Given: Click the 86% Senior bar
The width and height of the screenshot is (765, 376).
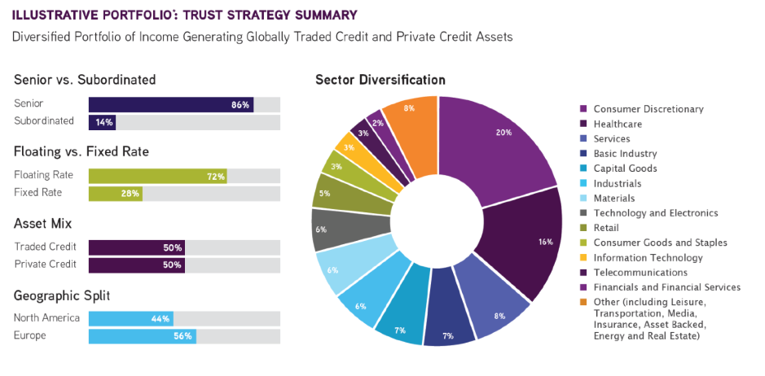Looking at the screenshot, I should pos(170,104).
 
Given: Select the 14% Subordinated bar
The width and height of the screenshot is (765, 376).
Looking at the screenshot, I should pos(102,121).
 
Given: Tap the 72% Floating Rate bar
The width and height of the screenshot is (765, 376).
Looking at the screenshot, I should pos(156,176).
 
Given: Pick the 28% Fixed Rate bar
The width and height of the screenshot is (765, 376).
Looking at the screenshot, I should pos(115,193).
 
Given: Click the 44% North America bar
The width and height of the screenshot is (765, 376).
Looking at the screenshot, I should pos(130,318).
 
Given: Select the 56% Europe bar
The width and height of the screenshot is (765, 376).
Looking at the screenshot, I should pos(142,335).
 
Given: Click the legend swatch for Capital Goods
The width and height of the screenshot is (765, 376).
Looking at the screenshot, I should pos(583,168).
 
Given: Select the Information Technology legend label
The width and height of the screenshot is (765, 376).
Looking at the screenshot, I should pos(648,257).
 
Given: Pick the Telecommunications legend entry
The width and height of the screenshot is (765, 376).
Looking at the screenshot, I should pos(640,272).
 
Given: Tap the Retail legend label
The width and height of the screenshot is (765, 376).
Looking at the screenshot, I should pos(606,227).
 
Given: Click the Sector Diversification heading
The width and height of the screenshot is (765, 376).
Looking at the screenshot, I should pos(380,80).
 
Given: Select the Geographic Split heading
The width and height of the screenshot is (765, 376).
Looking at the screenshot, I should pos(60,295).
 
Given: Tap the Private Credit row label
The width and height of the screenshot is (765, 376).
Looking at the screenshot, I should pos(45,264).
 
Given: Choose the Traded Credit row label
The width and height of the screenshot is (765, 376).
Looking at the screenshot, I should pos(45,247).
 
